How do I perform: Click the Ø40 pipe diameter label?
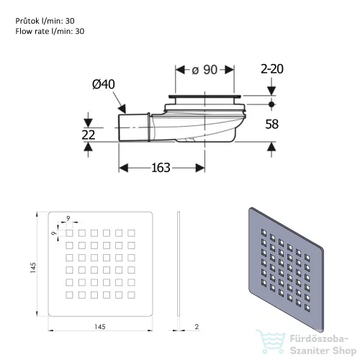[x=104, y=84]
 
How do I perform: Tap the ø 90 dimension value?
[x=204, y=70]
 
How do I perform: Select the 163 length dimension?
[x=161, y=168]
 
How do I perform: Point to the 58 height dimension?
[x=272, y=124]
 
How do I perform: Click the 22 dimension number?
[x=89, y=135]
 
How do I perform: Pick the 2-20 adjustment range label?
[x=272, y=69]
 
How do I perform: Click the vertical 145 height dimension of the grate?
[x=33, y=267]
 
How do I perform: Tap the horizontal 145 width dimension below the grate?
[x=100, y=327]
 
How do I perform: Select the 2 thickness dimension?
[x=197, y=327]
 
